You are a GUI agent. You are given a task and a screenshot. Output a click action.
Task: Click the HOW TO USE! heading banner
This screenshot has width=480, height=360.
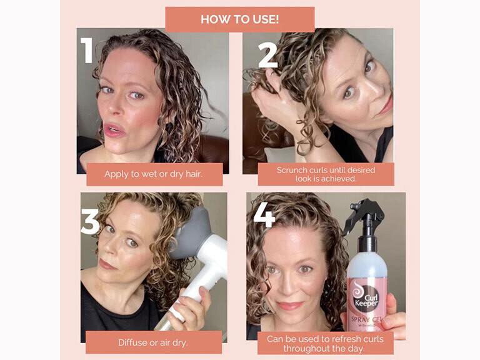(x=239, y=19)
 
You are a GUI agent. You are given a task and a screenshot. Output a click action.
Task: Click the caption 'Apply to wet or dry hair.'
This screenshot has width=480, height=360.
(x=154, y=174)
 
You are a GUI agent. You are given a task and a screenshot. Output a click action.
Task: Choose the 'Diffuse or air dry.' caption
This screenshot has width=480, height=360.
(x=153, y=342)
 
